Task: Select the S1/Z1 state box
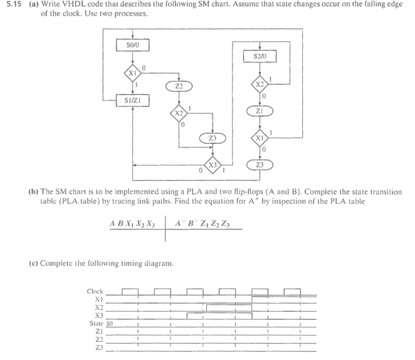pos(132,99)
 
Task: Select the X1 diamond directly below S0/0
pos(132,71)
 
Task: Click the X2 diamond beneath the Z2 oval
pos(178,113)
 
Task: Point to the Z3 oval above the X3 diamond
pos(213,137)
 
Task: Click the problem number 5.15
pos(12,5)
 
